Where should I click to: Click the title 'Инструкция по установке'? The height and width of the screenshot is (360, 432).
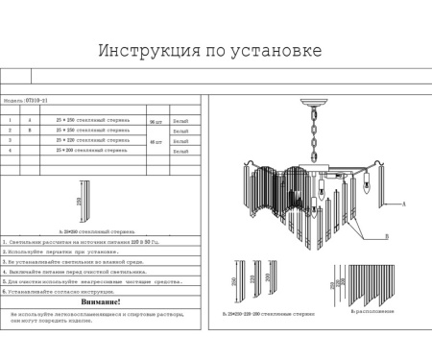[x=209, y=51]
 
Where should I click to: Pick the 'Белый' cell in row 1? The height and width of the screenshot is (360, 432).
[x=181, y=120]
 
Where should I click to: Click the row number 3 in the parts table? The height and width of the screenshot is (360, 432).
[x=10, y=141]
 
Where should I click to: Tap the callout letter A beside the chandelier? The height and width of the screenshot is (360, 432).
[x=404, y=204]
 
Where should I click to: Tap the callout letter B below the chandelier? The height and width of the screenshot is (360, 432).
[x=385, y=235]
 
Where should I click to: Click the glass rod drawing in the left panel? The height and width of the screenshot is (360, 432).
[x=88, y=204]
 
